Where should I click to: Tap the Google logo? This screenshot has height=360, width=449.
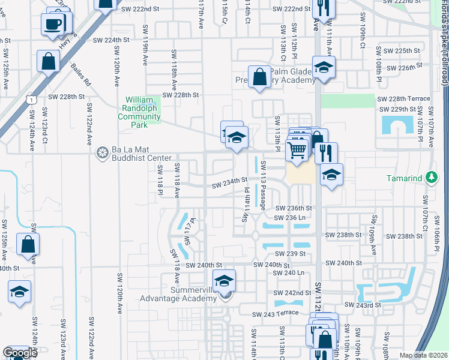pyautogui.click(x=20, y=353)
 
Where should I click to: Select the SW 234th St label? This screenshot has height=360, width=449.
pyautogui.click(x=230, y=181)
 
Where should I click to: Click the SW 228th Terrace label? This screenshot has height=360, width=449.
pyautogui.click(x=403, y=98)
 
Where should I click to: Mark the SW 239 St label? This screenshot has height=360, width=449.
pyautogui.click(x=294, y=254)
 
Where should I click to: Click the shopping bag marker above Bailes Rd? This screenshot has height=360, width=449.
pyautogui.click(x=48, y=61)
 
